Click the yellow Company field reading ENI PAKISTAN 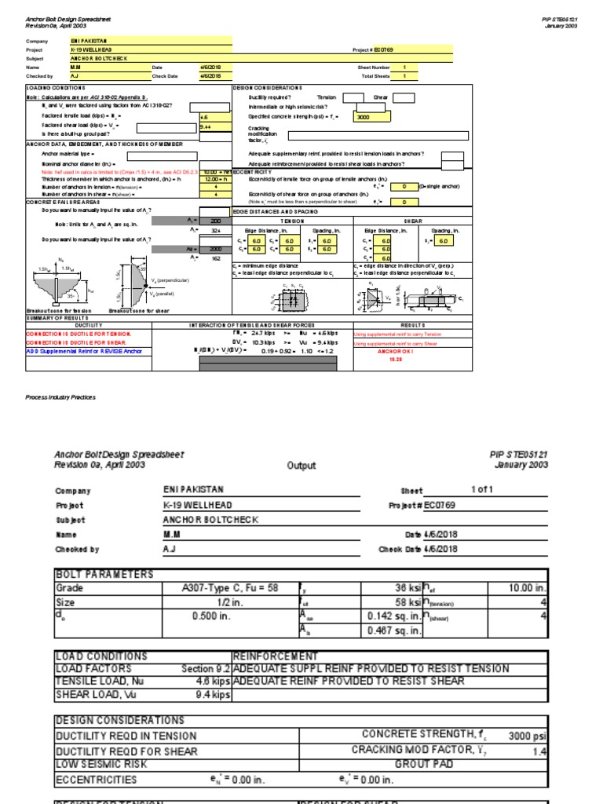click(x=149, y=40)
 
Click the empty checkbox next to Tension click(x=353, y=97)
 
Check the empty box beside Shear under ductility click(x=404, y=97)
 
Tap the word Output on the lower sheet click(x=301, y=465)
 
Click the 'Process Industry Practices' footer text click(x=61, y=397)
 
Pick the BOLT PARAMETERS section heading click(x=104, y=574)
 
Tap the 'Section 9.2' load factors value click(x=206, y=669)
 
